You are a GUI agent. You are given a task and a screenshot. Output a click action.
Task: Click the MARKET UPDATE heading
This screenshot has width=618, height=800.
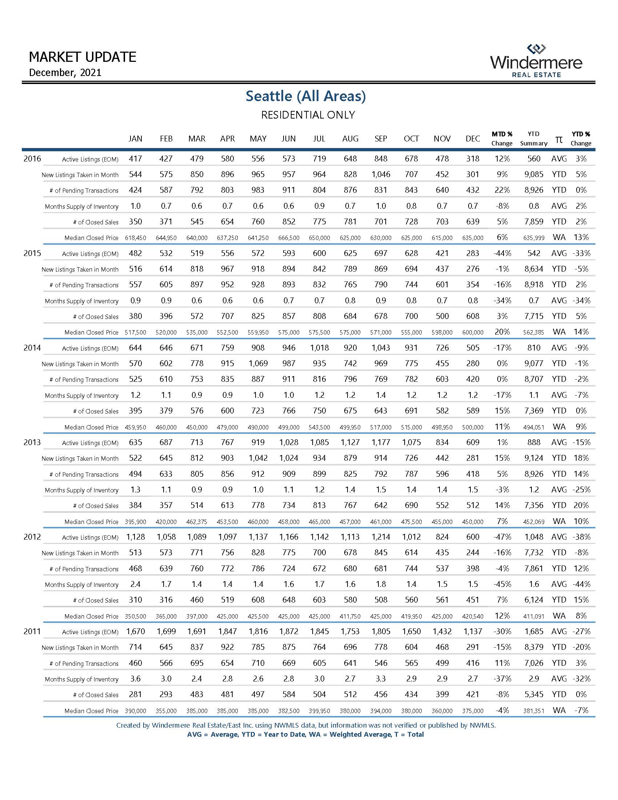[83, 57]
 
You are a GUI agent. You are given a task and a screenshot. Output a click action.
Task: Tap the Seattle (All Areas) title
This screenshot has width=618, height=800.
[306, 96]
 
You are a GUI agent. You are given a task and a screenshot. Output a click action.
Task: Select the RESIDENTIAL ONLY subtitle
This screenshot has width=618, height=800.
[308, 115]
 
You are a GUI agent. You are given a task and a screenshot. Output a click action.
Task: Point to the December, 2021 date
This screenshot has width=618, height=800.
[65, 72]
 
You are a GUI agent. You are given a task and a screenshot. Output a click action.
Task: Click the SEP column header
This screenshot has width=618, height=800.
[381, 139]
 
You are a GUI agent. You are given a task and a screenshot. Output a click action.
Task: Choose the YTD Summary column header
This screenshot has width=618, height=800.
[533, 139]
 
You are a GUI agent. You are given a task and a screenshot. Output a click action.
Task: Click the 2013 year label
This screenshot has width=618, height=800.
[32, 442]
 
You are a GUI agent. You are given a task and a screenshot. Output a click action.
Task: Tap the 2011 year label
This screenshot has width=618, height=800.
[32, 631]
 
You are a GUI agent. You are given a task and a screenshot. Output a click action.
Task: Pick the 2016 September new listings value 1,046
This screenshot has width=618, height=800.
[381, 174]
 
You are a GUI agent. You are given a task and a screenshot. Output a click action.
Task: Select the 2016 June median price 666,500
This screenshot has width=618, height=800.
[289, 238]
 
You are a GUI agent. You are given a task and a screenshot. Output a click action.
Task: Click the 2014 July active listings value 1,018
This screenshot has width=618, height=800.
[319, 348]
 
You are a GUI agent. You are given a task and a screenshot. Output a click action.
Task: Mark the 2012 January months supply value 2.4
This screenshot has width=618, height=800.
[136, 584]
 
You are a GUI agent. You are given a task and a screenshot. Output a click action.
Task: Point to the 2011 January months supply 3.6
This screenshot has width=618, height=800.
[136, 679]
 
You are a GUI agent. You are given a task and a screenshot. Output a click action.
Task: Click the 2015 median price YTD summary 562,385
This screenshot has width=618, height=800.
[533, 333]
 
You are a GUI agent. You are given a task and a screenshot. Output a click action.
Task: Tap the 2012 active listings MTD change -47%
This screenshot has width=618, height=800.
[502, 537]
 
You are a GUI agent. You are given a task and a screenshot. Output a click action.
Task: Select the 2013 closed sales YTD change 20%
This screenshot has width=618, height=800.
[581, 505]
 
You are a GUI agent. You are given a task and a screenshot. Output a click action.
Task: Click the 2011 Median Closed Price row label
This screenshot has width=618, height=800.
[91, 711]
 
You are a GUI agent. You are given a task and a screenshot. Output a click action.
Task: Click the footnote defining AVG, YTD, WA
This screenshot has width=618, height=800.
[305, 735]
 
